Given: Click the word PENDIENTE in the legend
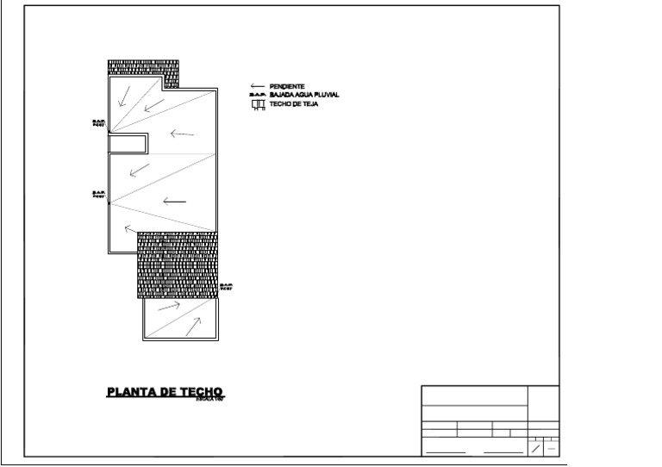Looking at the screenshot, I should click(287, 86).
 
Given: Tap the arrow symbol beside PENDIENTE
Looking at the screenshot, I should click(257, 86).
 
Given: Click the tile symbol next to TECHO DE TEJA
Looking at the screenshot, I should click(256, 105).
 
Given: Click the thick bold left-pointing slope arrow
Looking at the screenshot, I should click(173, 202).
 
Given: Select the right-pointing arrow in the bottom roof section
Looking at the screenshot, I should click(170, 305).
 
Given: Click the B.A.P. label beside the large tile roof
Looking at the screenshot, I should click(227, 287).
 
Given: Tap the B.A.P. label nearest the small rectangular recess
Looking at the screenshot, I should click(98, 124).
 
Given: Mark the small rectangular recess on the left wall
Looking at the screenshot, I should click(128, 143).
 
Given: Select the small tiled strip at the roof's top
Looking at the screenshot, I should click(143, 68).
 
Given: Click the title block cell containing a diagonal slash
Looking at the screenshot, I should click(535, 448).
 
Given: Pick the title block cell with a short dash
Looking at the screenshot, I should click(552, 448).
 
